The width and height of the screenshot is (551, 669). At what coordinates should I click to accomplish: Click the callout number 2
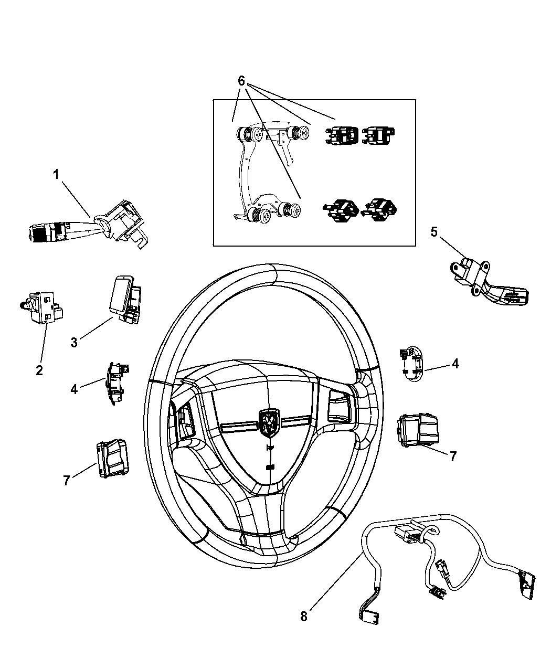click(39, 370)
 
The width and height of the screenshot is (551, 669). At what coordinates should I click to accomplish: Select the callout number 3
click(75, 342)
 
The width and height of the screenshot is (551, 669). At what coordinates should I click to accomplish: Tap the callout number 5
click(434, 231)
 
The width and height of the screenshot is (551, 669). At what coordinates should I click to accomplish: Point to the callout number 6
click(241, 81)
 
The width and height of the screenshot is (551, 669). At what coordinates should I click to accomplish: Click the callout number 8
click(304, 616)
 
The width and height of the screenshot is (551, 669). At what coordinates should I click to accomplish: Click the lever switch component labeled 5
click(488, 283)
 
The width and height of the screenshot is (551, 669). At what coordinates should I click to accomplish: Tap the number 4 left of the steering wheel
click(74, 389)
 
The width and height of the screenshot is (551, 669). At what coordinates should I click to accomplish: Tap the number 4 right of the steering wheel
click(455, 363)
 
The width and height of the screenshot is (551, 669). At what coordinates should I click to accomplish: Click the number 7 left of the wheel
click(67, 480)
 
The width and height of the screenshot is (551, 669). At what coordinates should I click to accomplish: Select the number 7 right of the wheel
click(452, 456)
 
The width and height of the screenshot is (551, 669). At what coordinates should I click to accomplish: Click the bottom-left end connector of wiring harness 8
click(367, 615)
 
